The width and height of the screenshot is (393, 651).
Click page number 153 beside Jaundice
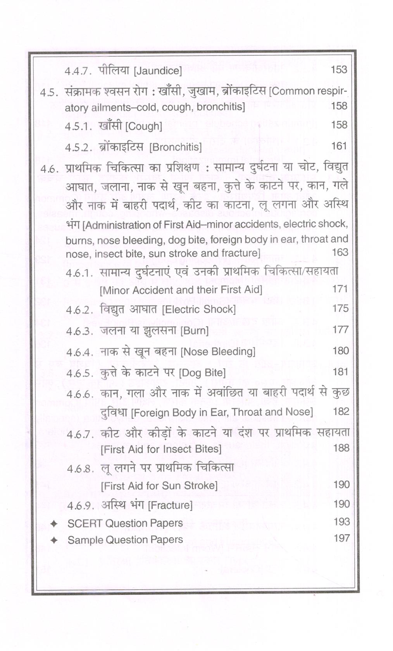[x=339, y=69]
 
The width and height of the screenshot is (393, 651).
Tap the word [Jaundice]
[x=157, y=71]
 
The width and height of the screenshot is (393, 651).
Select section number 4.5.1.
[x=78, y=126]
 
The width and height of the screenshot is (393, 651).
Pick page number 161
[x=339, y=146]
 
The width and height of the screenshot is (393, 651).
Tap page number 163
[x=340, y=252]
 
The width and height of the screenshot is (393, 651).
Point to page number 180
[x=341, y=351]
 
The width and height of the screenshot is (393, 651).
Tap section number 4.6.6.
[x=80, y=394]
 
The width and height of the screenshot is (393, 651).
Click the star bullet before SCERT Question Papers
[x=54, y=524]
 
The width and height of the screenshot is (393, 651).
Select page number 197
[x=341, y=538]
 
